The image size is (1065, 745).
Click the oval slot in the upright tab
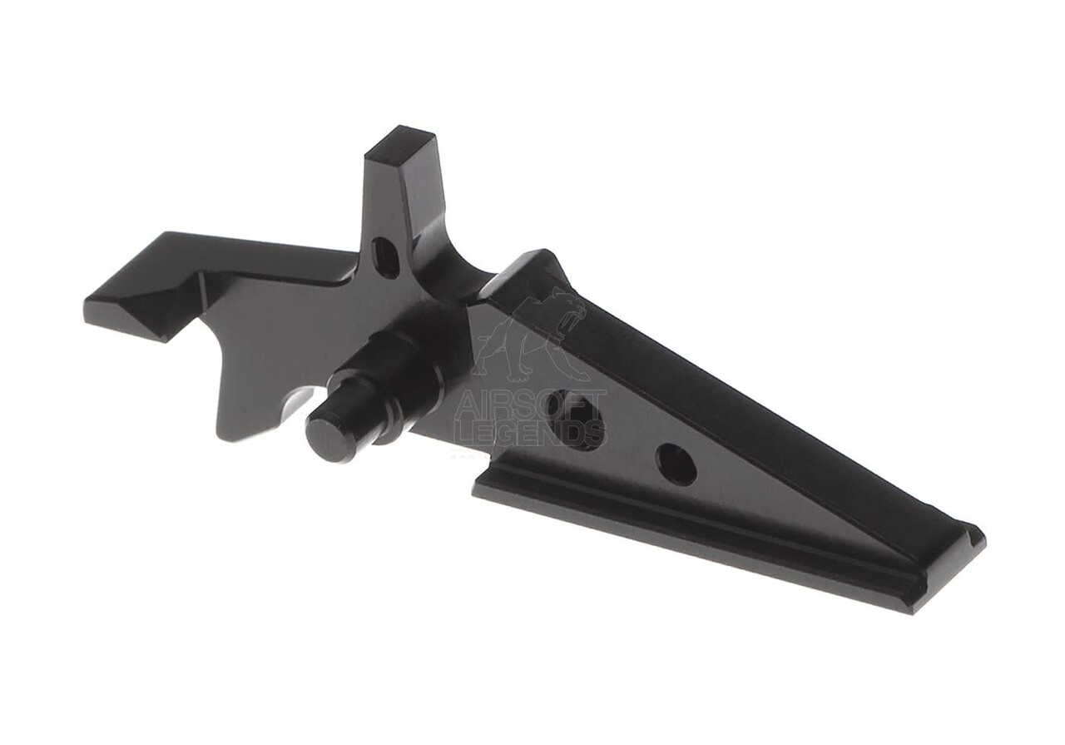tap(385, 257)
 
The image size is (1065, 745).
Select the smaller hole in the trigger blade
tap(676, 464)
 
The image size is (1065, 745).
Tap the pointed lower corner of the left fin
tap(223, 432)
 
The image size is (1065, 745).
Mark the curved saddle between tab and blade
tap(453, 271)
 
